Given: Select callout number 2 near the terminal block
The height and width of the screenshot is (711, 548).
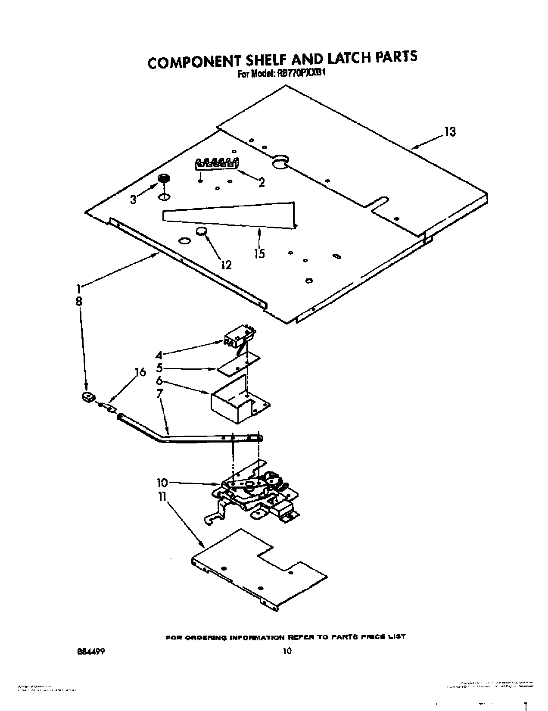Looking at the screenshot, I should (261, 182).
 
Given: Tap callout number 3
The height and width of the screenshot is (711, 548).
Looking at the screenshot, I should (134, 200).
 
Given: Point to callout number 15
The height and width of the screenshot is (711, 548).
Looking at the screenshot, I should (259, 253).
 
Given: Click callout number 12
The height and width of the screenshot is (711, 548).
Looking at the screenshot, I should (226, 265).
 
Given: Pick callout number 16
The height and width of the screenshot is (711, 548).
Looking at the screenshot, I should (140, 372).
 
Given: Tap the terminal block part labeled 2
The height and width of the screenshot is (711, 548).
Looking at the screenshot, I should (217, 163).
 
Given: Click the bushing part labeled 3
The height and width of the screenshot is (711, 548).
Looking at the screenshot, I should (164, 178).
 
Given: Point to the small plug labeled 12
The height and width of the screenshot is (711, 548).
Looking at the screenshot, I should (201, 232).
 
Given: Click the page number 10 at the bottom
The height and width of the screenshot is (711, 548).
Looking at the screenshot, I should (287, 651).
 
